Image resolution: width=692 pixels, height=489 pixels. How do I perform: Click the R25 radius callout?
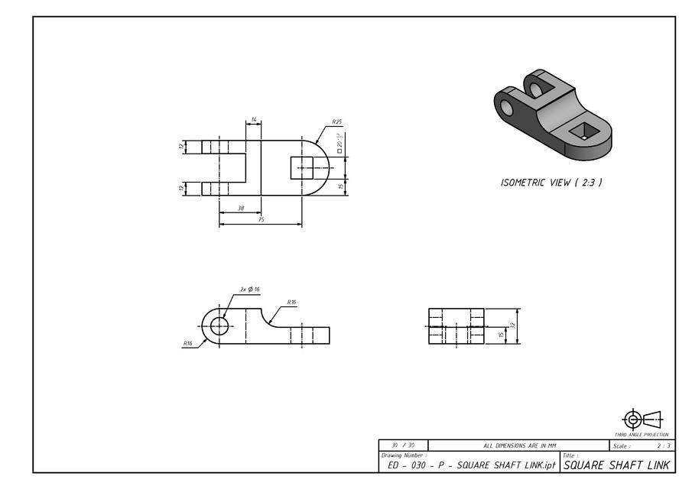pyautogui.click(x=336, y=122)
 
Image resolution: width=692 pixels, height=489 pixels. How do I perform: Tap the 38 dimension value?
pyautogui.click(x=240, y=208)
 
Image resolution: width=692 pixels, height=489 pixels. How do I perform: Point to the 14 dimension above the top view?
pyautogui.click(x=253, y=121)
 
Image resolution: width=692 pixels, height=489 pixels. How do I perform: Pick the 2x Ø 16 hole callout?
pyautogui.click(x=250, y=290)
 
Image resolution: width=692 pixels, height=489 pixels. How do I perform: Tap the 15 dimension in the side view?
pyautogui.click(x=501, y=335)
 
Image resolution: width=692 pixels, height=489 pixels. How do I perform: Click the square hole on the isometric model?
pyautogui.click(x=583, y=131)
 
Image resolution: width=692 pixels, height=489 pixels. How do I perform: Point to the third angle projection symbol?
pyautogui.click(x=642, y=419)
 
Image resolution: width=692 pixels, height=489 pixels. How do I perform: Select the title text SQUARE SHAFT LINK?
pyautogui.click(x=616, y=465)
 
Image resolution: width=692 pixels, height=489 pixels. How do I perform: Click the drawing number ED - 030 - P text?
pyautogui.click(x=468, y=465)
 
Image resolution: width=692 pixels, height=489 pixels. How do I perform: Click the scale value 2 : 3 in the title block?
pyautogui.click(x=662, y=445)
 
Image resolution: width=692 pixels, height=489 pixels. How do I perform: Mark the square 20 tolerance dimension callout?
pyautogui.click(x=339, y=144)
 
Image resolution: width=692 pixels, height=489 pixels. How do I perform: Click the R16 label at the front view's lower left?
pyautogui.click(x=187, y=344)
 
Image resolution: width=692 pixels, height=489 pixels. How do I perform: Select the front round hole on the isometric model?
pyautogui.click(x=506, y=108)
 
